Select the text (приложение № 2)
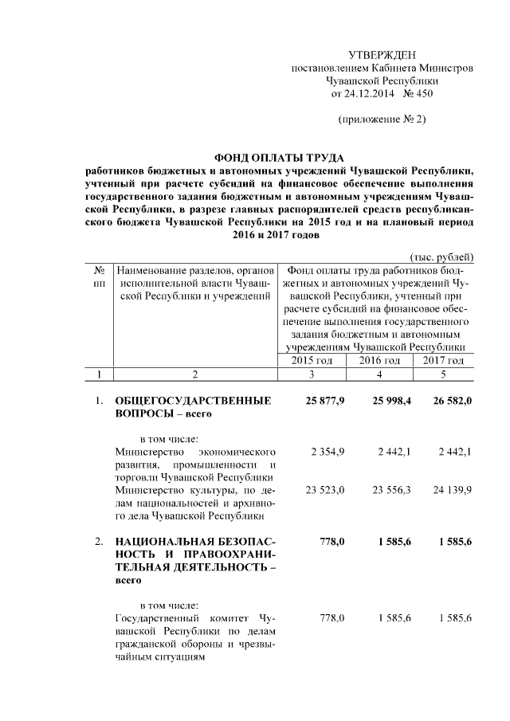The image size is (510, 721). (382, 120)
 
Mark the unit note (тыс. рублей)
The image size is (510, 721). (441, 257)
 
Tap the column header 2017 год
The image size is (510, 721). (443, 361)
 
